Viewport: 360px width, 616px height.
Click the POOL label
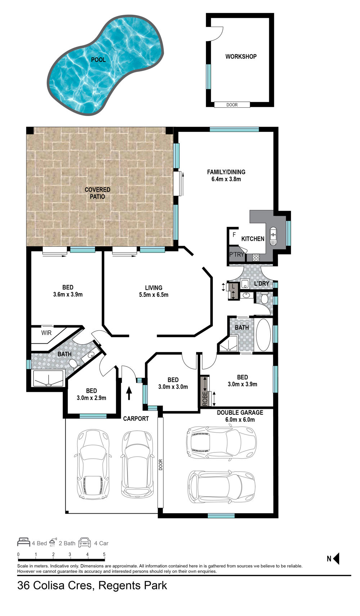98,60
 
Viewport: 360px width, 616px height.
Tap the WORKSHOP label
241,57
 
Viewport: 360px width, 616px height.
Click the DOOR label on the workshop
232,105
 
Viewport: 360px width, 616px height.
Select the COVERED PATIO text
97,193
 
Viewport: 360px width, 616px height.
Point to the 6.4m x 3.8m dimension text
226,179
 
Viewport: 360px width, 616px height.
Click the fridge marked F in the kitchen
234,235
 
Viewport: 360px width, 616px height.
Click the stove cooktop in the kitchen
256,258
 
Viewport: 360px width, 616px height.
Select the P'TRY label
237,255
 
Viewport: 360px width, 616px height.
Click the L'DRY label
262,284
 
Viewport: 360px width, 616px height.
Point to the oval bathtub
263,335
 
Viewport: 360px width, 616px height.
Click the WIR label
46,333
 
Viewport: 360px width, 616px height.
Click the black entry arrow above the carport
129,393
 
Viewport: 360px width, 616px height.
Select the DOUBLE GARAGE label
240,412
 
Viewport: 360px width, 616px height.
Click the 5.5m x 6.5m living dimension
154,295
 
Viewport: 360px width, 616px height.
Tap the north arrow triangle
336,558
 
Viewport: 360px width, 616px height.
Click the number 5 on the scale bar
104,554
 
